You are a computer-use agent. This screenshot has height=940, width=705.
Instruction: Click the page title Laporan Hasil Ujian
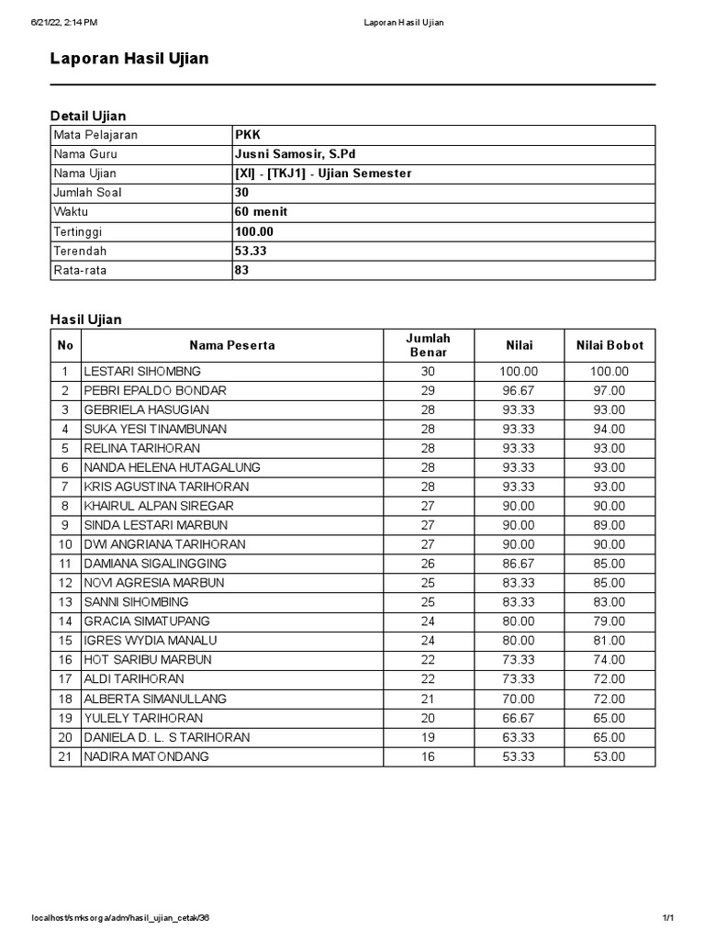pos(129,59)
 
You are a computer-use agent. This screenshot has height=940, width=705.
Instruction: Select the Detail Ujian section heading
pos(88,116)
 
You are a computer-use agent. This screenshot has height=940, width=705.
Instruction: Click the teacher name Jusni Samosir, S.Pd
pos(295,154)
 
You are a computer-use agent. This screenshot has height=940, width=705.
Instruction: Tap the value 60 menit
pos(261,212)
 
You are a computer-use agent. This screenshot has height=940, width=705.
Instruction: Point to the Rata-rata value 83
pos(242,271)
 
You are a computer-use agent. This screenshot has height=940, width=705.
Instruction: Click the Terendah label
pos(80,251)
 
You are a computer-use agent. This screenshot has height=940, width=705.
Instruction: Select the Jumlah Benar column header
pos(428,345)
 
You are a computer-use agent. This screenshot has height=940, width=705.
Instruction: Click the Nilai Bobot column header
pos(610,345)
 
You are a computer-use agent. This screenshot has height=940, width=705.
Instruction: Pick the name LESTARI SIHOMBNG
pos(142,372)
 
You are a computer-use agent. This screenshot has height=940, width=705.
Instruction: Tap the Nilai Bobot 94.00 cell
pos(610,430)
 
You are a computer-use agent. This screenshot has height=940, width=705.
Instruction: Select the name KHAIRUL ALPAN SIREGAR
pos(158,506)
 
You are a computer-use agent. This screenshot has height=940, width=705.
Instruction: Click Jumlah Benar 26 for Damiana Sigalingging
pos(428,564)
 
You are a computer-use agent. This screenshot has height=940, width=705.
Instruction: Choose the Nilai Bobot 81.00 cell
pos(610,641)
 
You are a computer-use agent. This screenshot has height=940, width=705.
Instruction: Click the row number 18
pos(65,699)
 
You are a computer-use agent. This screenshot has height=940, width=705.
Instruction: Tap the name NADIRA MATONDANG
pos(146,756)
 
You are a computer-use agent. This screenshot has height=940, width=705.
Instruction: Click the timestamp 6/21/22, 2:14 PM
pos(64,22)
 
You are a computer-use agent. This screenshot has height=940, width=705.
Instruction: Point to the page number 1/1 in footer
pos(667,919)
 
